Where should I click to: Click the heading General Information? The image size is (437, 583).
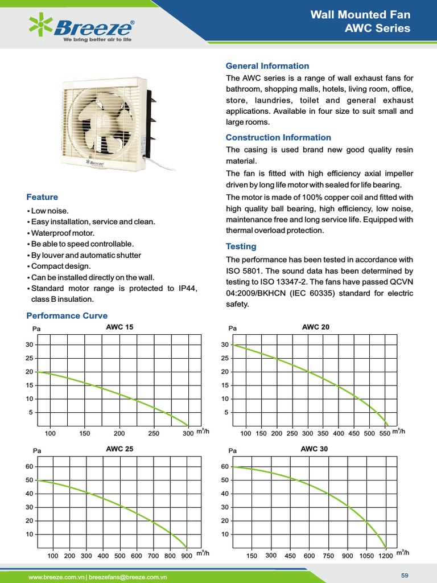(x=267, y=66)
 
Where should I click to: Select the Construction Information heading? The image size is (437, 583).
(x=278, y=137)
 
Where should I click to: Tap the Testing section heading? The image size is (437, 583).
(x=241, y=247)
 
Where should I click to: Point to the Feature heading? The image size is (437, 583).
(x=42, y=197)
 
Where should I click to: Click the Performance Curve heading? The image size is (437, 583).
(x=67, y=315)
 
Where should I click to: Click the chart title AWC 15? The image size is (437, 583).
(x=119, y=327)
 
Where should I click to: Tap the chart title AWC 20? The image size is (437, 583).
(x=315, y=327)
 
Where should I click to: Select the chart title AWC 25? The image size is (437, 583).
(x=119, y=449)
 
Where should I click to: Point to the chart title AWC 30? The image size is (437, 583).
(x=314, y=449)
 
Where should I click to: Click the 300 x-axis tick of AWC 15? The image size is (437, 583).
(x=188, y=434)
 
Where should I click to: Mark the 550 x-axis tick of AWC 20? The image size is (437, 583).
(x=385, y=434)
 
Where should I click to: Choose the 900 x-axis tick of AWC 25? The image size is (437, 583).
(x=187, y=556)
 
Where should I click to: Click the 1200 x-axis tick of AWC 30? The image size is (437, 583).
(x=385, y=556)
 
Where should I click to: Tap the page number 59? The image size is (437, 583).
(x=405, y=576)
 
